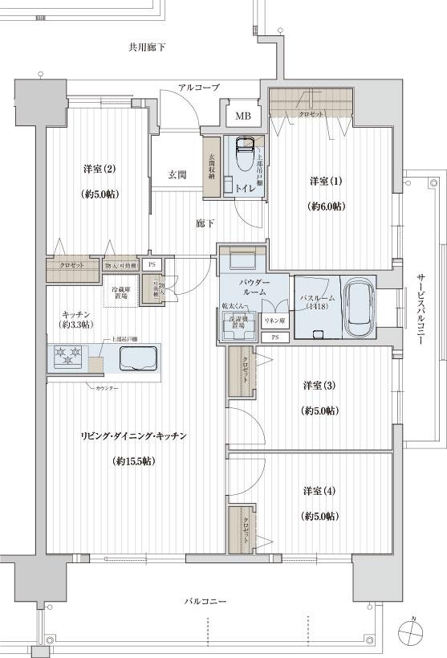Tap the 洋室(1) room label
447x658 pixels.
tap(326, 182)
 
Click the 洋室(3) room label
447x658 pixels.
tap(319, 386)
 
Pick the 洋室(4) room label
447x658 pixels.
tap(319, 491)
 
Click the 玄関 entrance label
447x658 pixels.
tap(177, 174)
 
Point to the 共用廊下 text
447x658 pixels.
tap(147, 47)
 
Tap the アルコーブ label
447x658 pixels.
tap(198, 87)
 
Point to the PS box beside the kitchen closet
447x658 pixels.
tap(151, 264)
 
